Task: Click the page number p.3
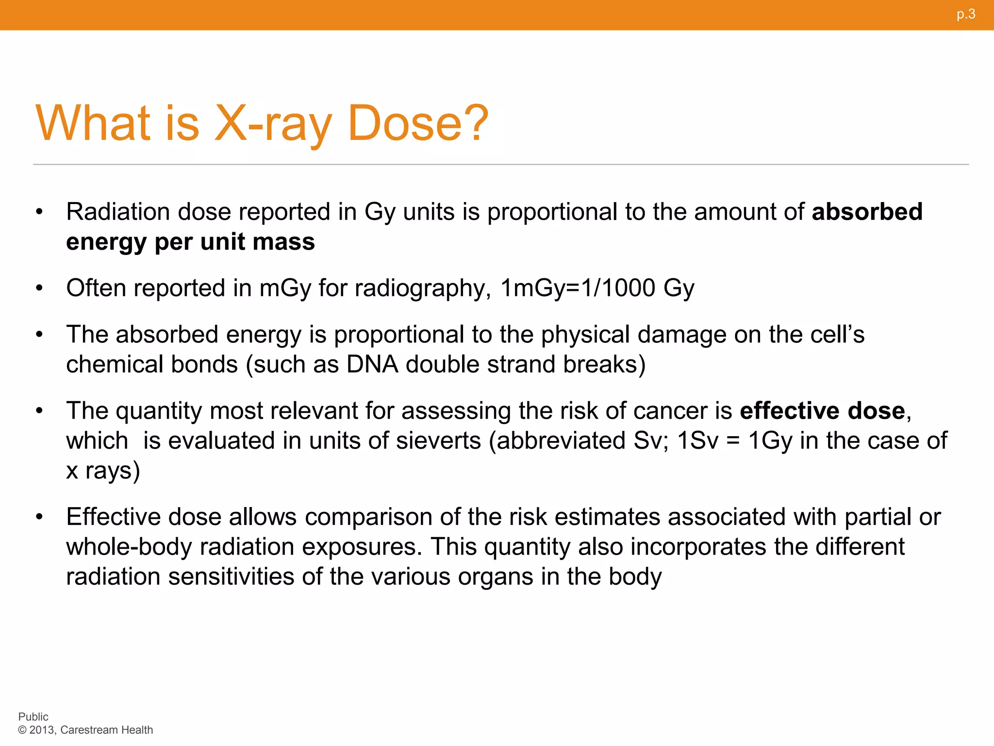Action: point(966,14)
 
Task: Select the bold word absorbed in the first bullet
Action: point(867,212)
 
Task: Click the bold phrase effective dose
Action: point(822,411)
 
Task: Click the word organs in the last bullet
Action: point(496,576)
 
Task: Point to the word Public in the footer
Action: point(33,717)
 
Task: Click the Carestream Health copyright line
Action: point(85,730)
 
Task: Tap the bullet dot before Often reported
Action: point(39,288)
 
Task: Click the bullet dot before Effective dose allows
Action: point(39,517)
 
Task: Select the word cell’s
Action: point(837,335)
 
